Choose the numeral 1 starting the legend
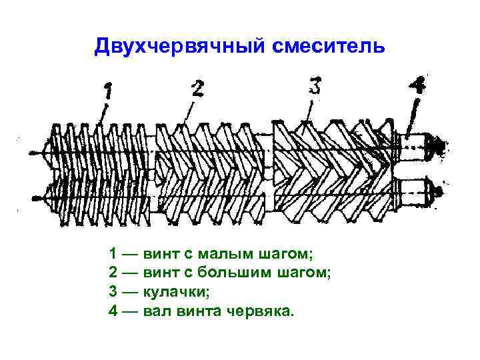click(x=113, y=253)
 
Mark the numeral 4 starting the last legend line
click(x=113, y=311)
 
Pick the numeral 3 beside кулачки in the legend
click(x=113, y=291)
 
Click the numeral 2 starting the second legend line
click(x=113, y=273)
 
